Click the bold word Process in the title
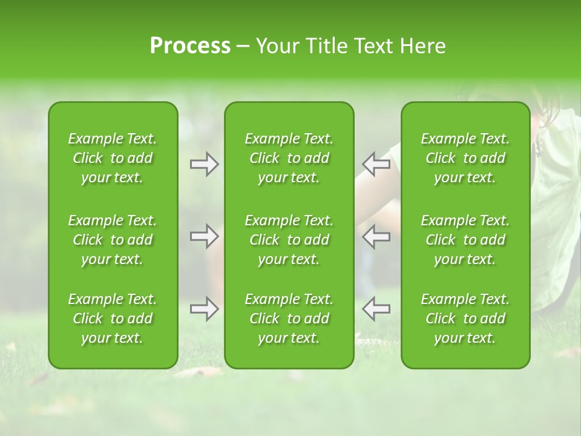tap(190, 46)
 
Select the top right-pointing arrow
tap(204, 165)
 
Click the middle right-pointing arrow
tap(204, 236)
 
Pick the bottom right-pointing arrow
tap(204, 309)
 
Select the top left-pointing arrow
tap(376, 165)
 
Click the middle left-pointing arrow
tap(376, 236)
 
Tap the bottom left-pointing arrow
tap(376, 309)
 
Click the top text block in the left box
tap(113, 158)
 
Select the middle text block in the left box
tap(113, 240)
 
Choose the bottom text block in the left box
tap(113, 319)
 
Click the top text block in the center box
tap(289, 158)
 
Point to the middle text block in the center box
tap(289, 240)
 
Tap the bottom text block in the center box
tap(289, 319)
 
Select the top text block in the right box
tap(465, 158)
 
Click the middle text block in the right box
tap(465, 240)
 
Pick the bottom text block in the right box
tap(465, 319)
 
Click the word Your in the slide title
tap(276, 46)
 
